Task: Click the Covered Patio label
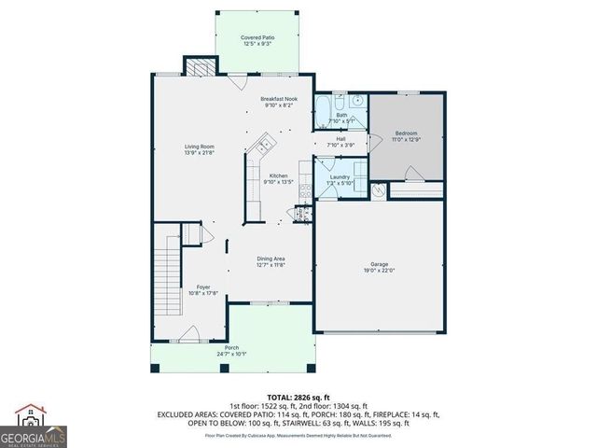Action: [257, 38]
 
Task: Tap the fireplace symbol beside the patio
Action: [197, 67]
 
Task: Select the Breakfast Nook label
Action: [279, 98]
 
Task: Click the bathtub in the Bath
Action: [323, 111]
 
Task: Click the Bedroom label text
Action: [406, 133]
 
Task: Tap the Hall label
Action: [341, 139]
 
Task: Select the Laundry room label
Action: [340, 176]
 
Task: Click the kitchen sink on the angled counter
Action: [263, 144]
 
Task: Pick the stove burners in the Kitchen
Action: [301, 213]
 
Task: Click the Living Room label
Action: [200, 146]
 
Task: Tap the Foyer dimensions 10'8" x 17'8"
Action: [202, 293]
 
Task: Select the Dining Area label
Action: [271, 259]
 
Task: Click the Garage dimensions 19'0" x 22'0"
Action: [380, 271]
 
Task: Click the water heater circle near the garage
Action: [378, 190]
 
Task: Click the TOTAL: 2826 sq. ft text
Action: [298, 396]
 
